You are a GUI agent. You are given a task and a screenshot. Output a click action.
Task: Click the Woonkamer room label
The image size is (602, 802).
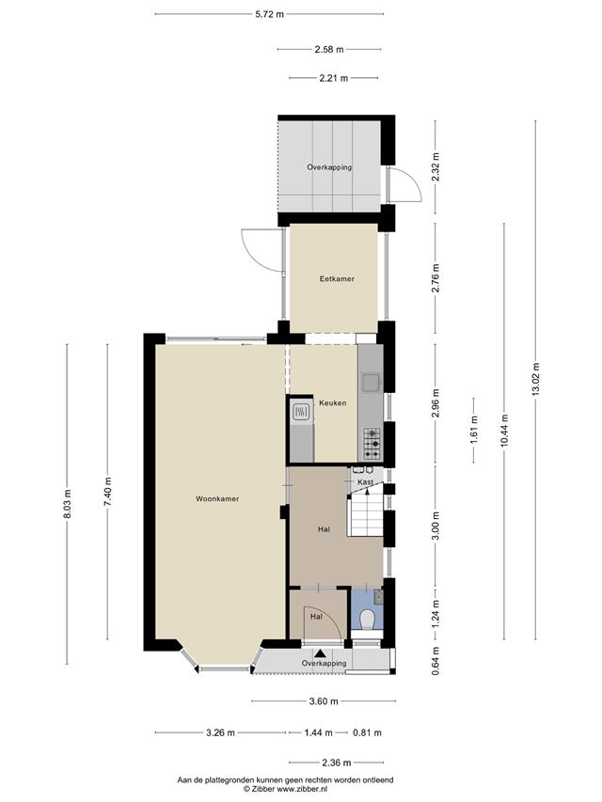point(217,498)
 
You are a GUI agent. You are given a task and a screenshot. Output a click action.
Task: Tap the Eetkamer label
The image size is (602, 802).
point(337,278)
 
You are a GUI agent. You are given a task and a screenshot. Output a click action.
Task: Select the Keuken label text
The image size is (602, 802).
point(333,402)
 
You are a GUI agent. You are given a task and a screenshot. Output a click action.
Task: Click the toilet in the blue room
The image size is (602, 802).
point(368,620)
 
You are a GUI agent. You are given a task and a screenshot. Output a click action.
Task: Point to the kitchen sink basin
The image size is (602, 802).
point(370,382)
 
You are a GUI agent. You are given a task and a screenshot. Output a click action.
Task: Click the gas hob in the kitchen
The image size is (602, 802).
point(372,443)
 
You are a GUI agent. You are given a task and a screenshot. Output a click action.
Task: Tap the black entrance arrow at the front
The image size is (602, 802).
point(321,653)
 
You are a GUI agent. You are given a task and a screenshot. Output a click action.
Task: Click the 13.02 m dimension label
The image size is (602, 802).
point(535,379)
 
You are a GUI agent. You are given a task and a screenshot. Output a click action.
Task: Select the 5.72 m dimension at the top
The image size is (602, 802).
point(269,14)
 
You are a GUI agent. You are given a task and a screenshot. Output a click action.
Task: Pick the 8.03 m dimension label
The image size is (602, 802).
point(67,504)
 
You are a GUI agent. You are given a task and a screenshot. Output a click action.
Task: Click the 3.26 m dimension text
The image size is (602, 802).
point(221,732)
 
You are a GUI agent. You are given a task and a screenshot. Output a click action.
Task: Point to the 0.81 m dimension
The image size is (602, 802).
point(367,732)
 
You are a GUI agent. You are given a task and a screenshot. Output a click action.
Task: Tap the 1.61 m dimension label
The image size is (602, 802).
point(473,431)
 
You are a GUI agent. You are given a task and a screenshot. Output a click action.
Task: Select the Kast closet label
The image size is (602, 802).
point(365,481)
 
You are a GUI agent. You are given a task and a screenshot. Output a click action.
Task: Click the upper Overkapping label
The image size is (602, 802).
point(329,166)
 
